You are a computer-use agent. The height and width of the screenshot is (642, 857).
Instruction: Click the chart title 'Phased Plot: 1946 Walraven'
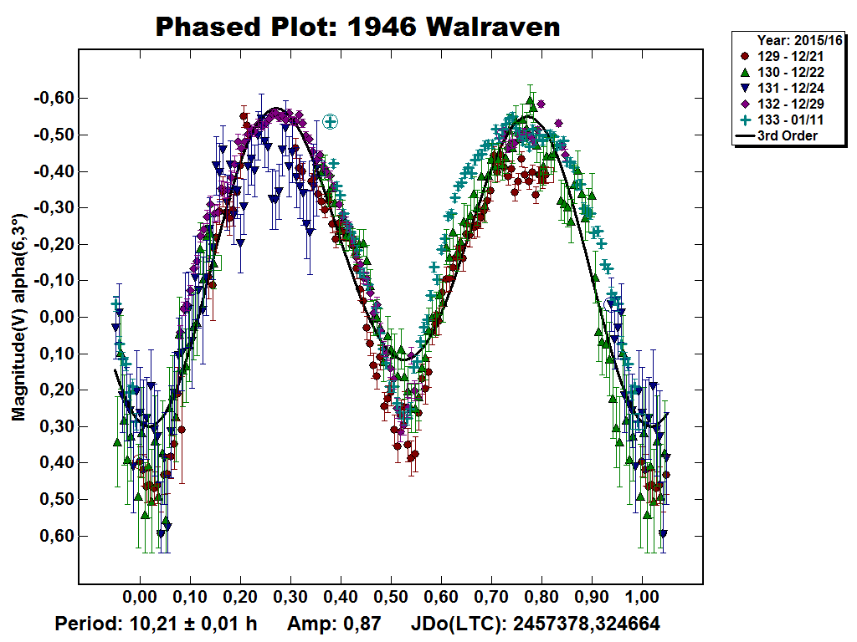(357, 28)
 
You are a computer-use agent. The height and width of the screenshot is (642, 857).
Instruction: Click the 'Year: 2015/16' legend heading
(799, 40)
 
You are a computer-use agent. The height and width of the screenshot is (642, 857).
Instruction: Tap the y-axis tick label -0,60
(54, 99)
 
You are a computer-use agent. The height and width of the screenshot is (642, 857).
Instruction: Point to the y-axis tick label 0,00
(57, 318)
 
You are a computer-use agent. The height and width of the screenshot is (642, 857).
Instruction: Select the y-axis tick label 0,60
(57, 536)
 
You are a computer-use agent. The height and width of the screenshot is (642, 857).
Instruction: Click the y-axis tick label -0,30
(54, 208)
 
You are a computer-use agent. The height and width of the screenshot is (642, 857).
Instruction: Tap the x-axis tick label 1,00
(642, 599)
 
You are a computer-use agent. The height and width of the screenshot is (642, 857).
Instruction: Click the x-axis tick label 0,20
(240, 599)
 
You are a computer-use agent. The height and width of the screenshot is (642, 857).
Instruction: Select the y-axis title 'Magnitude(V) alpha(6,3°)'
(18, 318)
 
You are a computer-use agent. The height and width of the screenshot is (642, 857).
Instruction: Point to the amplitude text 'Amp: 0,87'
(334, 624)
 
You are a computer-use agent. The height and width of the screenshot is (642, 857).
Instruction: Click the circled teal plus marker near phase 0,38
(331, 122)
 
